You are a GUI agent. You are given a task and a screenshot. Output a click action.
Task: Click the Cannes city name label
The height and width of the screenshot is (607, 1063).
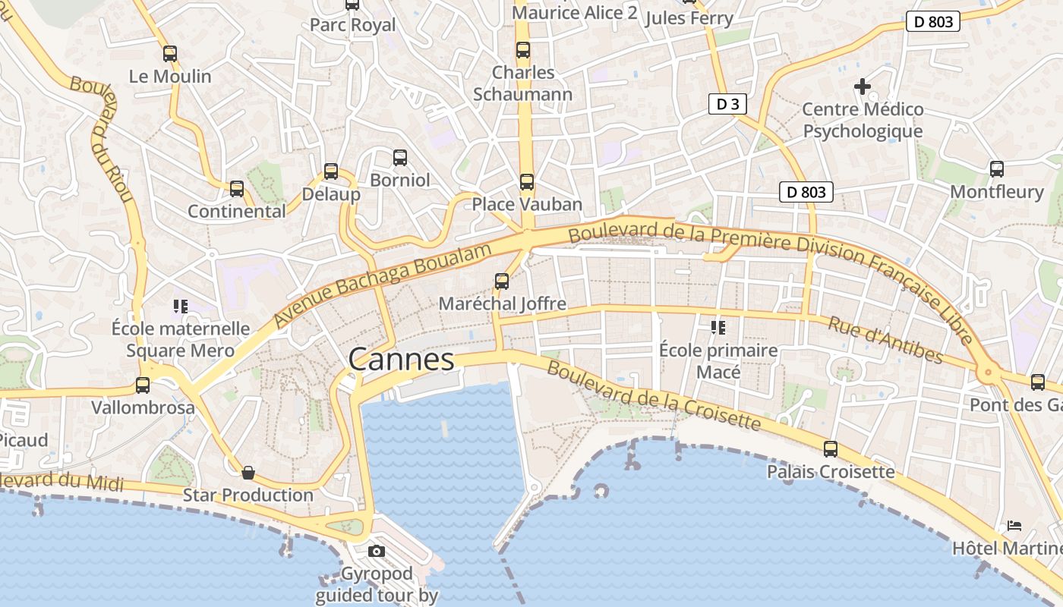coord(401,359)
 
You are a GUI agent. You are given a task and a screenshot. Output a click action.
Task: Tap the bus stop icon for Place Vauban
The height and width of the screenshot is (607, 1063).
coord(526,182)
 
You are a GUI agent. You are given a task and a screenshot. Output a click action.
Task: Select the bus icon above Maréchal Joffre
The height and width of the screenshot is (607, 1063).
coord(502,281)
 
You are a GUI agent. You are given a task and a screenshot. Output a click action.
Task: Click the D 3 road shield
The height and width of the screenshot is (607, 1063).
coord(727,104)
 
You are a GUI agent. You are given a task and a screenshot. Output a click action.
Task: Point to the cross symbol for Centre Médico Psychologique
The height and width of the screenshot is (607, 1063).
coord(863,86)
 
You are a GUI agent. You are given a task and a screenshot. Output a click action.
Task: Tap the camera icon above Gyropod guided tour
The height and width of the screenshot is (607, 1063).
coord(376,551)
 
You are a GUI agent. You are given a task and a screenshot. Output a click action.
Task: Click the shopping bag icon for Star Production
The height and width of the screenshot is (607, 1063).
coord(248,473)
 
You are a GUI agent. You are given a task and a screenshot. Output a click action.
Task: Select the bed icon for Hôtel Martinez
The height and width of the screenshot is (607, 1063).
coord(1014,525)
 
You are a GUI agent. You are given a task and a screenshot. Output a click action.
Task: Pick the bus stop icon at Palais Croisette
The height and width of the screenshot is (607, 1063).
coord(831,449)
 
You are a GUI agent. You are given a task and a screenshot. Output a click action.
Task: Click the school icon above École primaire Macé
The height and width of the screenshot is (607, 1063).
coord(718,328)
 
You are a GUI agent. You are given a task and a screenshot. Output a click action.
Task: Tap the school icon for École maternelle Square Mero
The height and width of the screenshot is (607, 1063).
coord(180,307)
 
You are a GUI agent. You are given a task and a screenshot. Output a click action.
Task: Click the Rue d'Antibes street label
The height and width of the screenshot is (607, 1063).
coord(885,340)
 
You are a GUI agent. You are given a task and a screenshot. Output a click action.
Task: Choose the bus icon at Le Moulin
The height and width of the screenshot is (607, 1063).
coord(170,54)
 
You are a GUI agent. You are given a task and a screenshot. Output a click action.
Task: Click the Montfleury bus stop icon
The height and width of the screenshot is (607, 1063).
coord(997,169)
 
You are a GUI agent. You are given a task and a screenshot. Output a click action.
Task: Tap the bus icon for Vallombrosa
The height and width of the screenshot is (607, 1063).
coord(143,385)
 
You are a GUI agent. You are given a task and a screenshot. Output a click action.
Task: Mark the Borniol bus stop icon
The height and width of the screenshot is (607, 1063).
coord(400,158)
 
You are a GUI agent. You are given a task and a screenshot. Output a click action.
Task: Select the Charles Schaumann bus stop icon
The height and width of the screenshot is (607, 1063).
coord(523,50)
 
